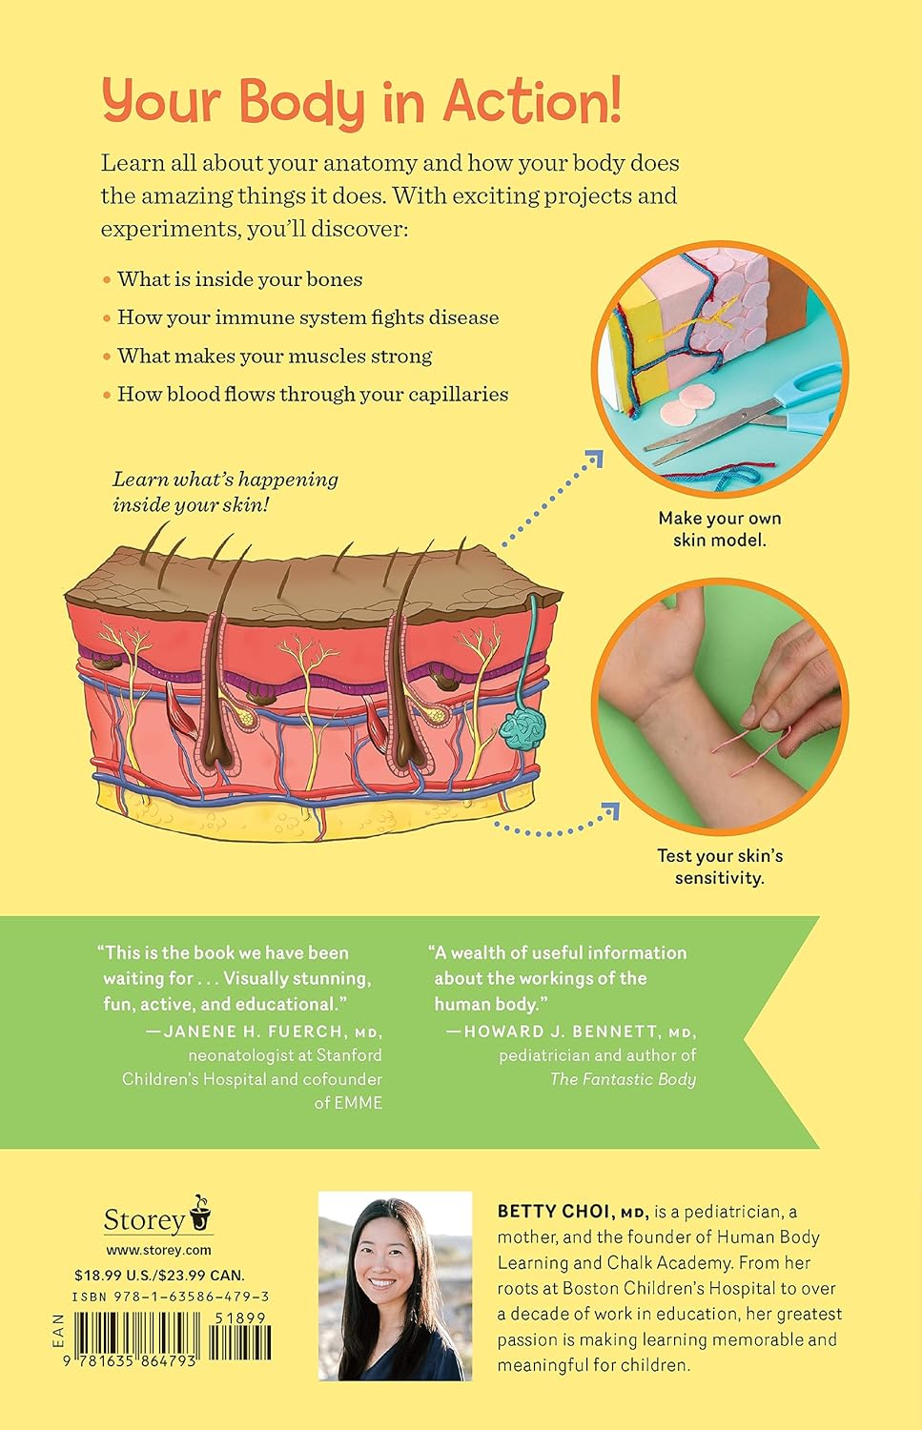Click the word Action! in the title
533,101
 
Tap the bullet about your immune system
308,317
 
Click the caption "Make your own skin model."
720,528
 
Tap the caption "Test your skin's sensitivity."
720,867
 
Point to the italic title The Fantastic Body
623,1079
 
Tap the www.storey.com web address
158,1250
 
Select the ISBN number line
171,1297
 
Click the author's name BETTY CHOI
552,1211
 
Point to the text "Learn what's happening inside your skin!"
225,492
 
